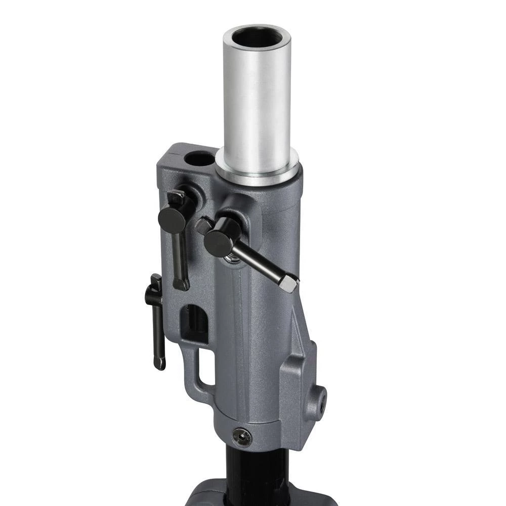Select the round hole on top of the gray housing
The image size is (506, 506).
(x=199, y=159)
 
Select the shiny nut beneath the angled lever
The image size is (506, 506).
(x=234, y=258)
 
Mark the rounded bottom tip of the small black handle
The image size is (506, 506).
(x=159, y=364)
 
